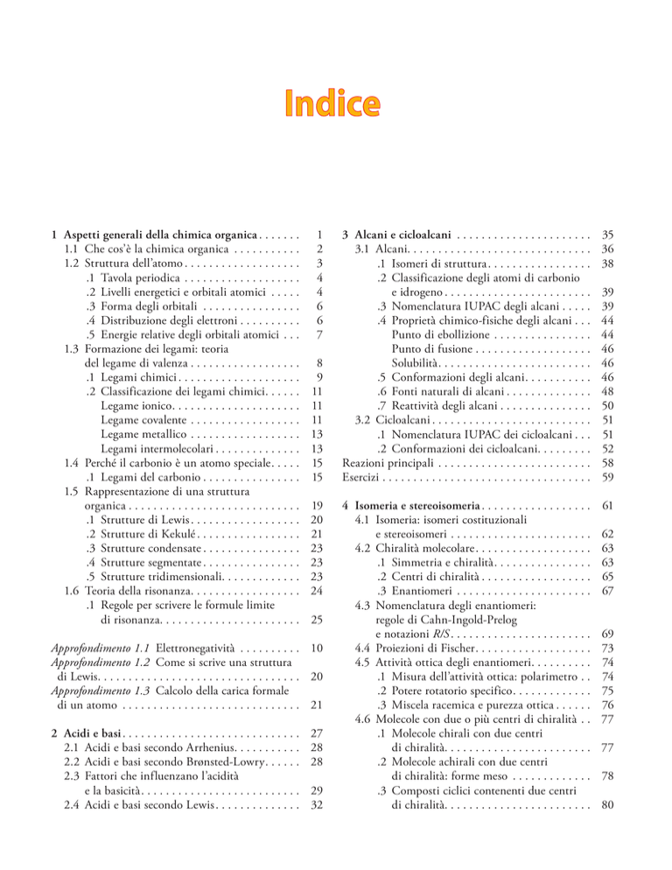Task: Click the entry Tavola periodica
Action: point(126,280)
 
